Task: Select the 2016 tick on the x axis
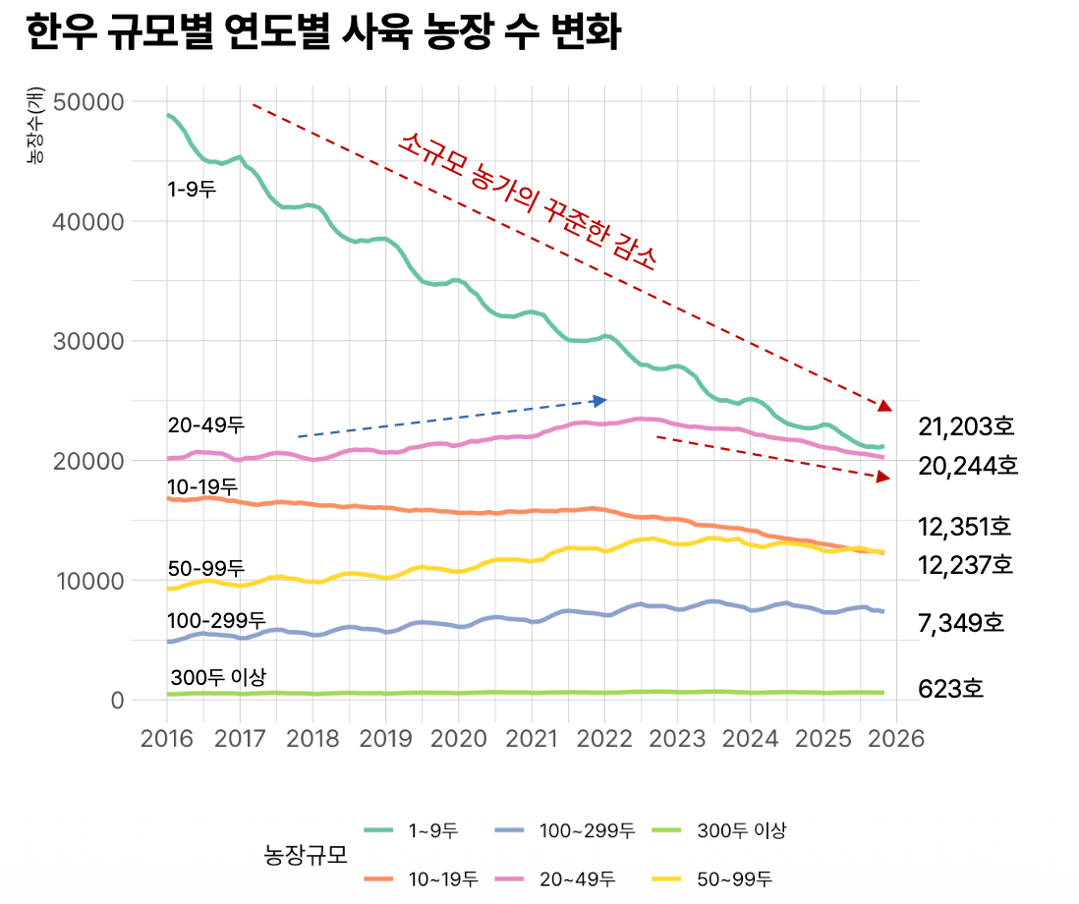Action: [x=166, y=737]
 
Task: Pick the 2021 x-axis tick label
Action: [x=532, y=737]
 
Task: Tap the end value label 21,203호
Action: [x=966, y=426]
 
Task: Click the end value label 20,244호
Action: [x=968, y=466]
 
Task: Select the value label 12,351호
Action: [x=964, y=527]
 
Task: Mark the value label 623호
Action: [x=950, y=689]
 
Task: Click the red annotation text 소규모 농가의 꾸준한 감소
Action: [x=527, y=200]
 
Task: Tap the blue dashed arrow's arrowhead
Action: [x=600, y=400]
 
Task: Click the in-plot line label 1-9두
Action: [x=192, y=190]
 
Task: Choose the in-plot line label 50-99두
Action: [x=205, y=568]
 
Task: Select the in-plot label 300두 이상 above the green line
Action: [x=217, y=677]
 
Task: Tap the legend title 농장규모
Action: [x=307, y=854]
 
